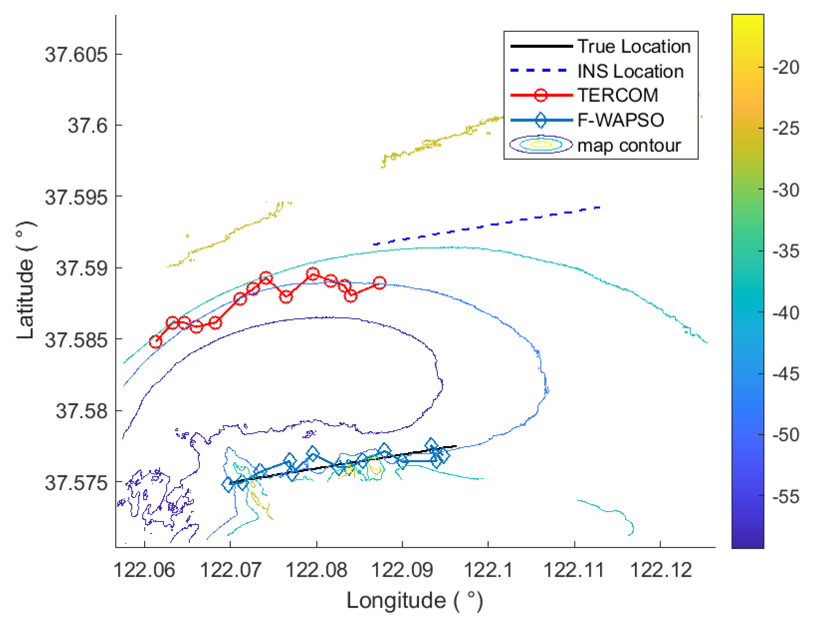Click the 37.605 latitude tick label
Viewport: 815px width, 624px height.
[x=76, y=55]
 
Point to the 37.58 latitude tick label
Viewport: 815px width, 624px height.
[x=81, y=411]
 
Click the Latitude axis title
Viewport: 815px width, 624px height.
[x=25, y=280]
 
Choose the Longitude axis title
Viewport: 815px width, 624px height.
[x=414, y=600]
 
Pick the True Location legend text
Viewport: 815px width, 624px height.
[x=634, y=46]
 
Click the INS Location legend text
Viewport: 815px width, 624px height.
[x=630, y=71]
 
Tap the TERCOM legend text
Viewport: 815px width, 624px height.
[x=618, y=96]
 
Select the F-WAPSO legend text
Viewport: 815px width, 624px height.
[x=620, y=120]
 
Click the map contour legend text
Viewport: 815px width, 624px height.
[x=629, y=145]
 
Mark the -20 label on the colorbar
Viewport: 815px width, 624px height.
[x=786, y=67]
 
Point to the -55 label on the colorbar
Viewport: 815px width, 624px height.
[x=786, y=497]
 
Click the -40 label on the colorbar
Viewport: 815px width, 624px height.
[x=786, y=313]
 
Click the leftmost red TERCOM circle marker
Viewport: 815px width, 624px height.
[x=155, y=341]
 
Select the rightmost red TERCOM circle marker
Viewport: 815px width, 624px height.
[x=379, y=283]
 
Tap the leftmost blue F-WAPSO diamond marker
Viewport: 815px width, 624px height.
[x=229, y=485]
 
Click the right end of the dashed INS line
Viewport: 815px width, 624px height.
[x=599, y=207]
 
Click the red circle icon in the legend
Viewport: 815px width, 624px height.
[x=540, y=96]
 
